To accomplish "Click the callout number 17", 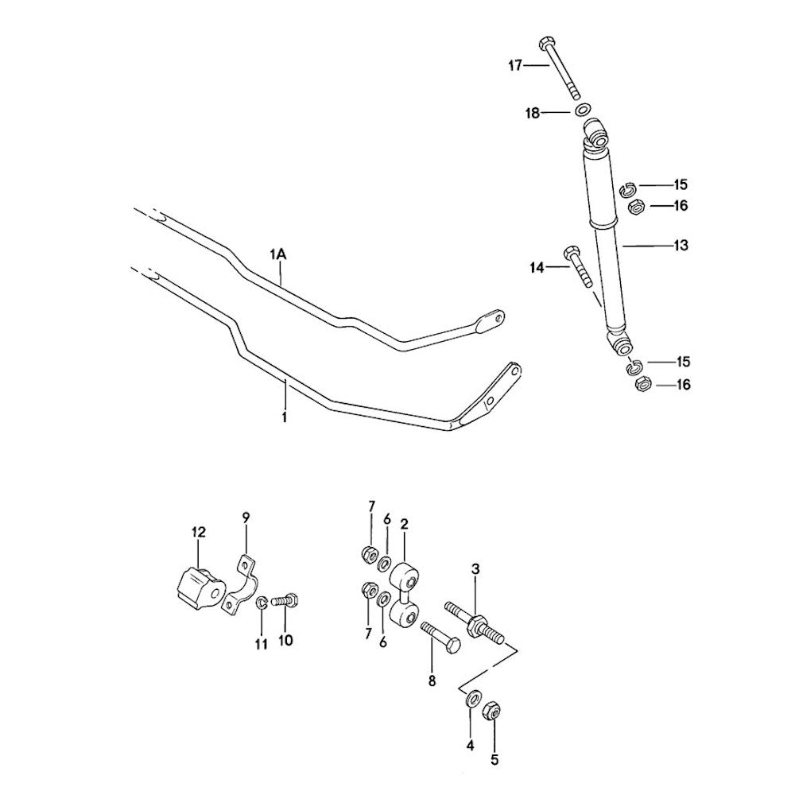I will [515, 66].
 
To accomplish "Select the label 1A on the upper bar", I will [277, 254].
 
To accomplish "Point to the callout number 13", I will [681, 246].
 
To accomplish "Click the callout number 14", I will [537, 269].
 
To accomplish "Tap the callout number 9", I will [246, 518].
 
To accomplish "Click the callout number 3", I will [475, 569].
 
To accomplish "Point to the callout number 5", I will [494, 759].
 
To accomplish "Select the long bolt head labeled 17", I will [545, 44].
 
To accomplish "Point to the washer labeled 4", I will [472, 699].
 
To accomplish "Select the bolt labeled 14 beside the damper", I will [579, 266].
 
